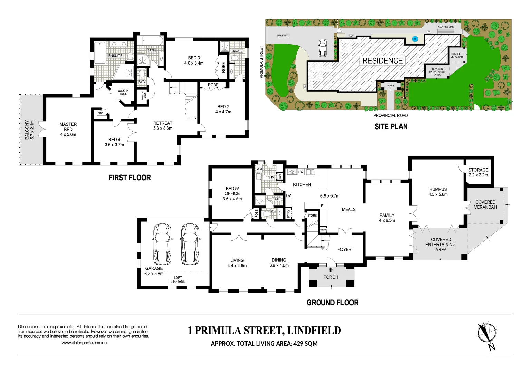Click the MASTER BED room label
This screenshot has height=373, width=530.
point(68,127)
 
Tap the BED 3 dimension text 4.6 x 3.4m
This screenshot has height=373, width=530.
point(194,63)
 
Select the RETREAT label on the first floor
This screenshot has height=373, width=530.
point(163,123)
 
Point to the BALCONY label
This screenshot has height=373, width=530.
point(27,130)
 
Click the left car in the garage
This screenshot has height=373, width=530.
point(162,243)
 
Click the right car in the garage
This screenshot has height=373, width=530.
point(189,243)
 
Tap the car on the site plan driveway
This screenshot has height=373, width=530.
point(322,48)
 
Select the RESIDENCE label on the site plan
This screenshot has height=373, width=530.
point(383,61)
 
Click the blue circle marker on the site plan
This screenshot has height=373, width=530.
point(415,39)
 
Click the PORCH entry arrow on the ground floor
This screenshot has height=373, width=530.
point(331,270)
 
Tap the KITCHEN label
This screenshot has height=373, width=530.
point(302,185)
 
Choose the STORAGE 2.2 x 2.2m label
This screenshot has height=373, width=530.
point(478,172)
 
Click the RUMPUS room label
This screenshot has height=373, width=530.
point(438,189)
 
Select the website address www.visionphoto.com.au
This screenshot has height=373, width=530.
point(84,343)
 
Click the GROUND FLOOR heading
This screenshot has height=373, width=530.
point(333,303)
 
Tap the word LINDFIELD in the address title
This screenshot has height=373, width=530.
point(314,331)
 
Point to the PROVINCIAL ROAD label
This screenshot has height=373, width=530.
point(391,116)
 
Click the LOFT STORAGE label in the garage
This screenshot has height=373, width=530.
point(178,279)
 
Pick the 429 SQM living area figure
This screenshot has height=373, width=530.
point(305,344)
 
